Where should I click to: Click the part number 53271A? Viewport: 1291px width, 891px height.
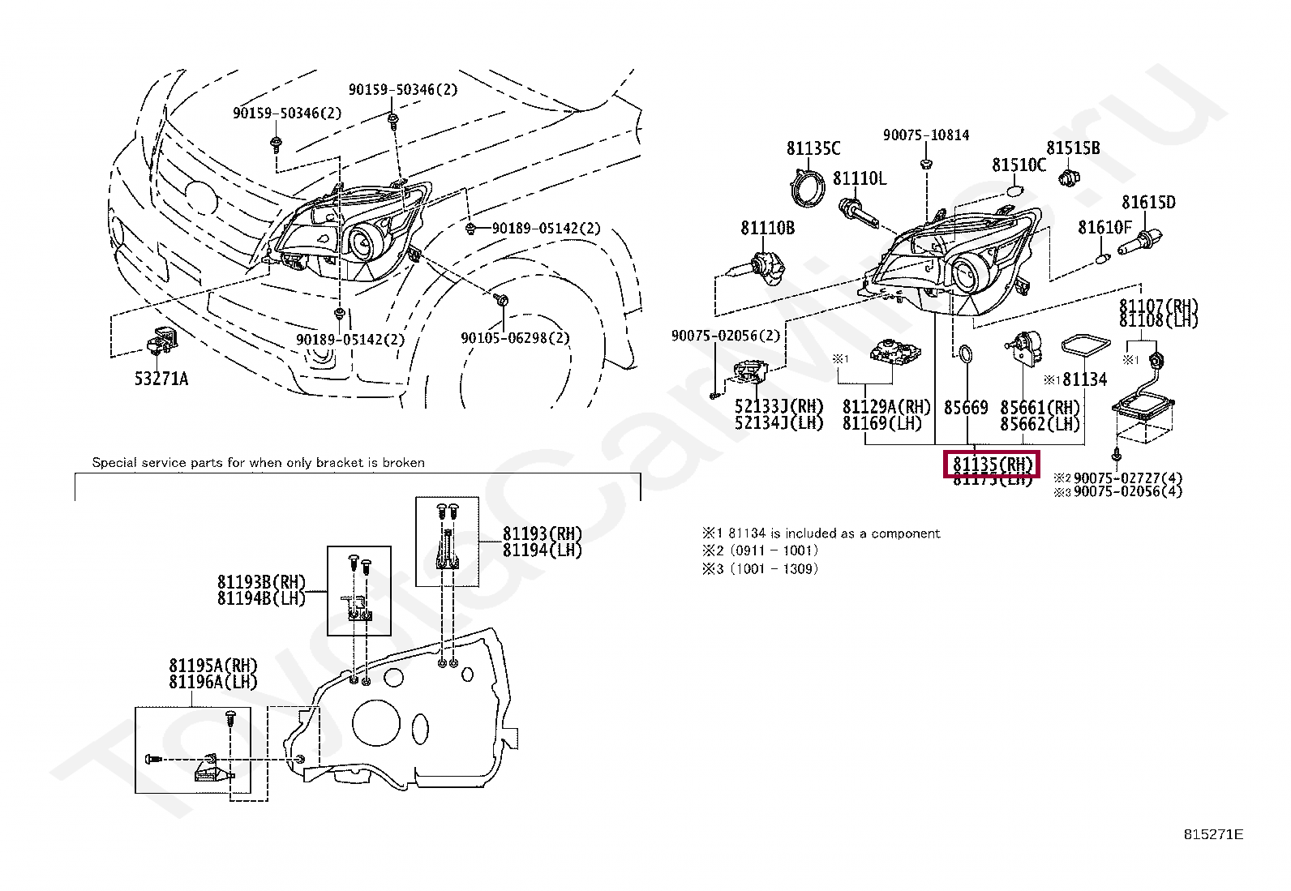[x=161, y=379]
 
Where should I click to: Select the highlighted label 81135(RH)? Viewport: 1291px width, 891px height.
[x=991, y=465]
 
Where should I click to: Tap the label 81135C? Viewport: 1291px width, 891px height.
[x=813, y=148]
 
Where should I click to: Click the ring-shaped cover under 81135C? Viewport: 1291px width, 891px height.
[x=807, y=189]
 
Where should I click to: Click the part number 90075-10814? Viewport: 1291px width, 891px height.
[x=925, y=135]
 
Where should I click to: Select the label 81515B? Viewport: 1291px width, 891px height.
[x=1072, y=148]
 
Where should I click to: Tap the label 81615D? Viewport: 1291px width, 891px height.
[x=1147, y=203]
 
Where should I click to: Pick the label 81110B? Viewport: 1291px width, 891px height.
[x=767, y=229]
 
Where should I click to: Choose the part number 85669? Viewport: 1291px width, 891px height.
[x=965, y=408]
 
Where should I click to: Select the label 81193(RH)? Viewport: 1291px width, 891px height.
[x=542, y=533]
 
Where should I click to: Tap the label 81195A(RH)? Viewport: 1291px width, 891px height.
[x=212, y=666]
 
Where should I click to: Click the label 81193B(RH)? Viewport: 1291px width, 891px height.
[x=261, y=582]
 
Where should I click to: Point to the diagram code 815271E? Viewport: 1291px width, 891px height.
[x=1212, y=835]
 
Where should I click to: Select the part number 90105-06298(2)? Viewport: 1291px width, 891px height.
[x=515, y=338]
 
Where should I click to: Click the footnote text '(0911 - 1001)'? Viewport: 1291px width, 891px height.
[x=774, y=550]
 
